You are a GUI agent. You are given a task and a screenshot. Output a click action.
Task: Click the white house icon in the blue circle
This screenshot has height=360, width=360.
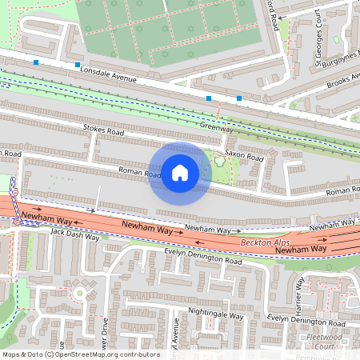(x=180, y=173)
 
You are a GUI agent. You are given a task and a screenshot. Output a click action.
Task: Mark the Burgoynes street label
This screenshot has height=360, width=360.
(x=336, y=58)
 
